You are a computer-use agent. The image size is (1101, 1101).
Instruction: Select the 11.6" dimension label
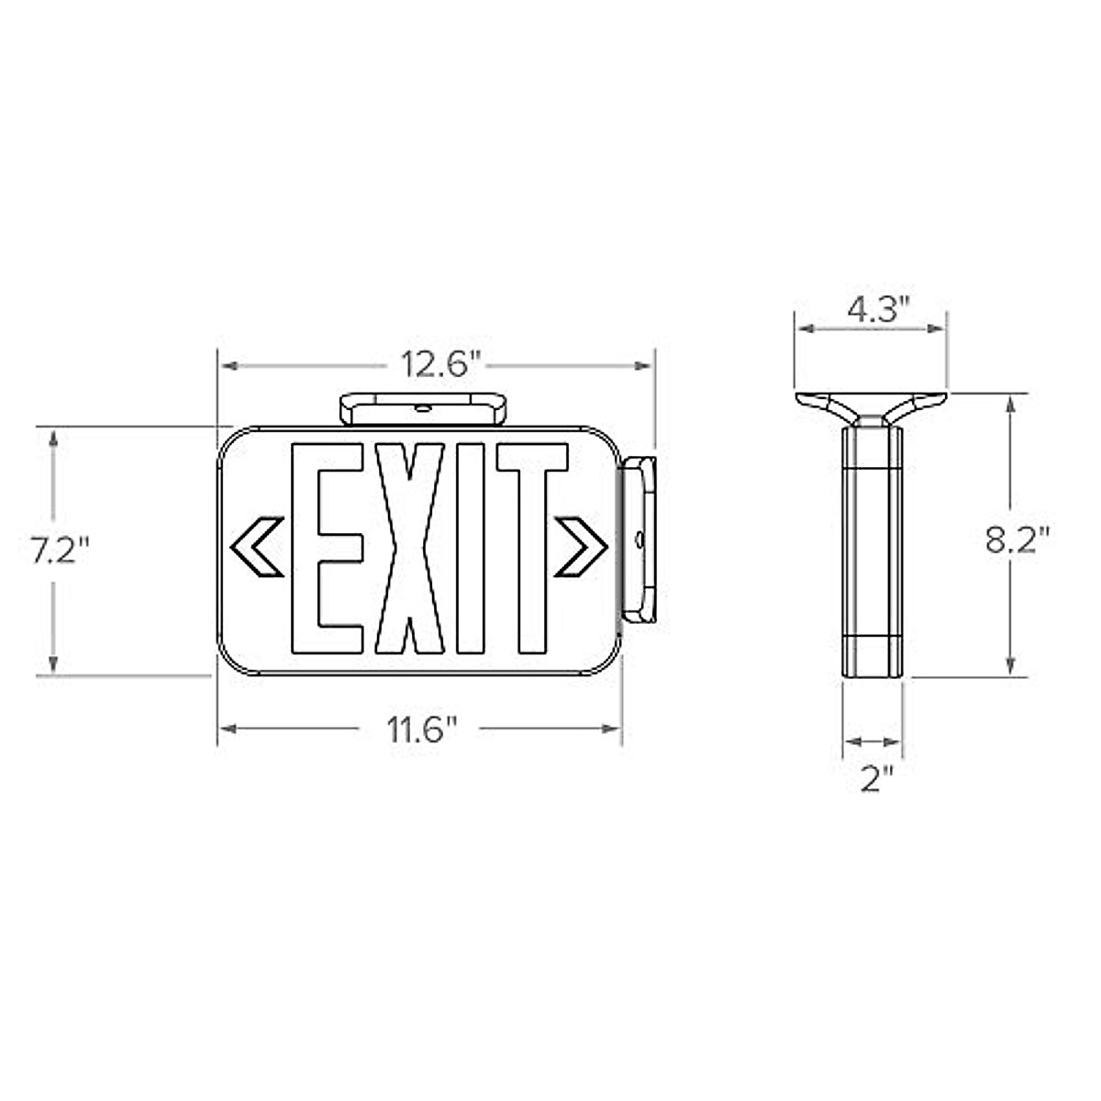point(420,730)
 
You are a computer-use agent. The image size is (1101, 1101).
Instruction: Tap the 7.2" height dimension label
point(60,550)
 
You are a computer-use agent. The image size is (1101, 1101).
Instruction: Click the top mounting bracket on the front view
point(424,409)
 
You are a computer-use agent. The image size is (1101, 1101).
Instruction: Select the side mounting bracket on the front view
point(639,539)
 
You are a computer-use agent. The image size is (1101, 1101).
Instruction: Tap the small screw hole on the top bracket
point(423,407)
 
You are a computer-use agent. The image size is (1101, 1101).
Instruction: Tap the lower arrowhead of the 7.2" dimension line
point(54,666)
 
